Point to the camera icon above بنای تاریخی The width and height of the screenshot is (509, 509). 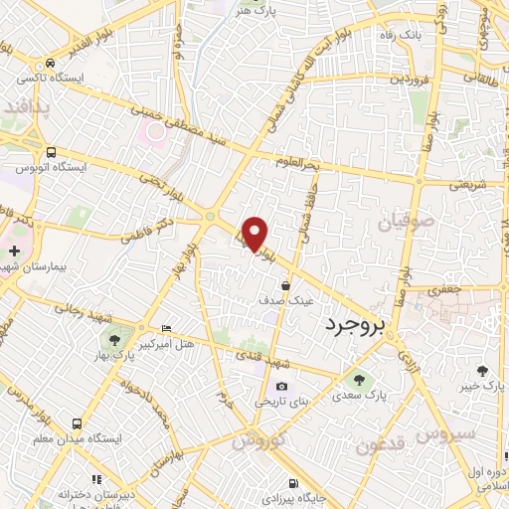pos(281,387)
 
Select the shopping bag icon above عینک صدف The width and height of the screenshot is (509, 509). pos(286,285)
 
